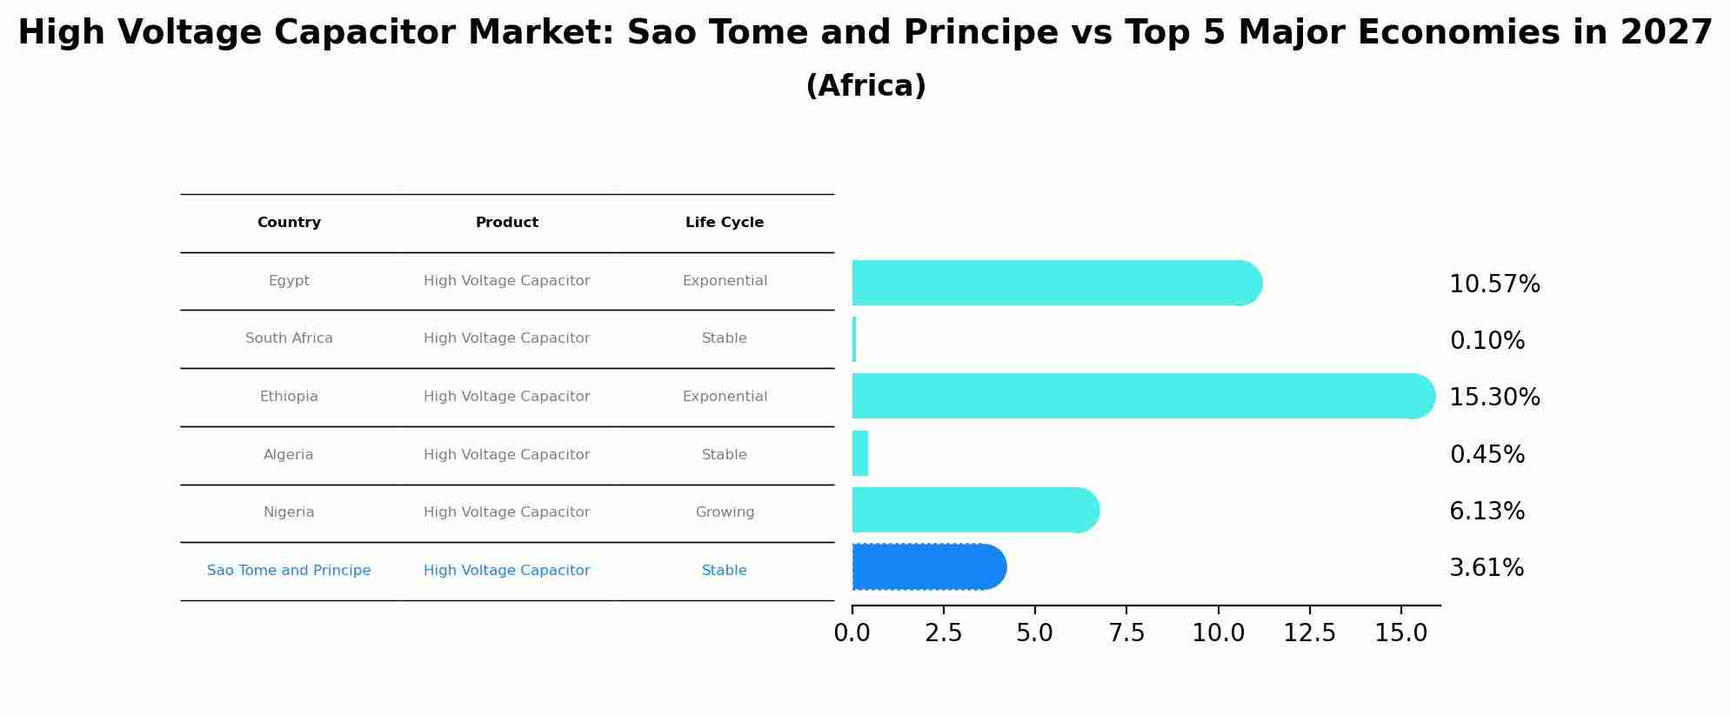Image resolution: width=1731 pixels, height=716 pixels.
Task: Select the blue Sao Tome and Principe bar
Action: click(x=926, y=567)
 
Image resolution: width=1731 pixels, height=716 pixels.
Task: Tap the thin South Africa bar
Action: click(x=854, y=339)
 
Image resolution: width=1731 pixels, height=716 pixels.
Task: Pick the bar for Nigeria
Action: click(x=974, y=510)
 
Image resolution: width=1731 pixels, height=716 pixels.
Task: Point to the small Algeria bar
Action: click(x=859, y=453)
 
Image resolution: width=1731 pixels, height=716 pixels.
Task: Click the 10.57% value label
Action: click(x=1494, y=284)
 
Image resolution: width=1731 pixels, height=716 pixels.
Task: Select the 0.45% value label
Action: click(x=1487, y=454)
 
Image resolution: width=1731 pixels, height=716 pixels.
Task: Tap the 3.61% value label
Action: click(x=1486, y=568)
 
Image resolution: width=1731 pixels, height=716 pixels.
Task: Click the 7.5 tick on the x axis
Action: click(x=1126, y=633)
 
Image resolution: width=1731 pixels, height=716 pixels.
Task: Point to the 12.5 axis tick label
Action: click(x=1309, y=633)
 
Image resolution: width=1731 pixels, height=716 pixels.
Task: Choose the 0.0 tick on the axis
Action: click(x=852, y=633)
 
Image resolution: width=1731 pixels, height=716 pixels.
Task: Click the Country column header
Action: click(x=289, y=223)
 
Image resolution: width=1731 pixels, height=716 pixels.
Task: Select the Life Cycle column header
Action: click(x=724, y=223)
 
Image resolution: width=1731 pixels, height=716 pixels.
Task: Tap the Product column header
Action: click(x=506, y=223)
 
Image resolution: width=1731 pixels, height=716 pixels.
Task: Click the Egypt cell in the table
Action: click(x=289, y=281)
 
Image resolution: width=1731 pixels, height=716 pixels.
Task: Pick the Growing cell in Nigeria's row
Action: click(x=724, y=512)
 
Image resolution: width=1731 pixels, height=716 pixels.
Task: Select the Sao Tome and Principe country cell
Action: click(x=289, y=571)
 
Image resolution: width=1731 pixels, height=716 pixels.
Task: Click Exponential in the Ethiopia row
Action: click(x=724, y=397)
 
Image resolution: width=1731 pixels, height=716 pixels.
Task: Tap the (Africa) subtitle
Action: click(x=865, y=86)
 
